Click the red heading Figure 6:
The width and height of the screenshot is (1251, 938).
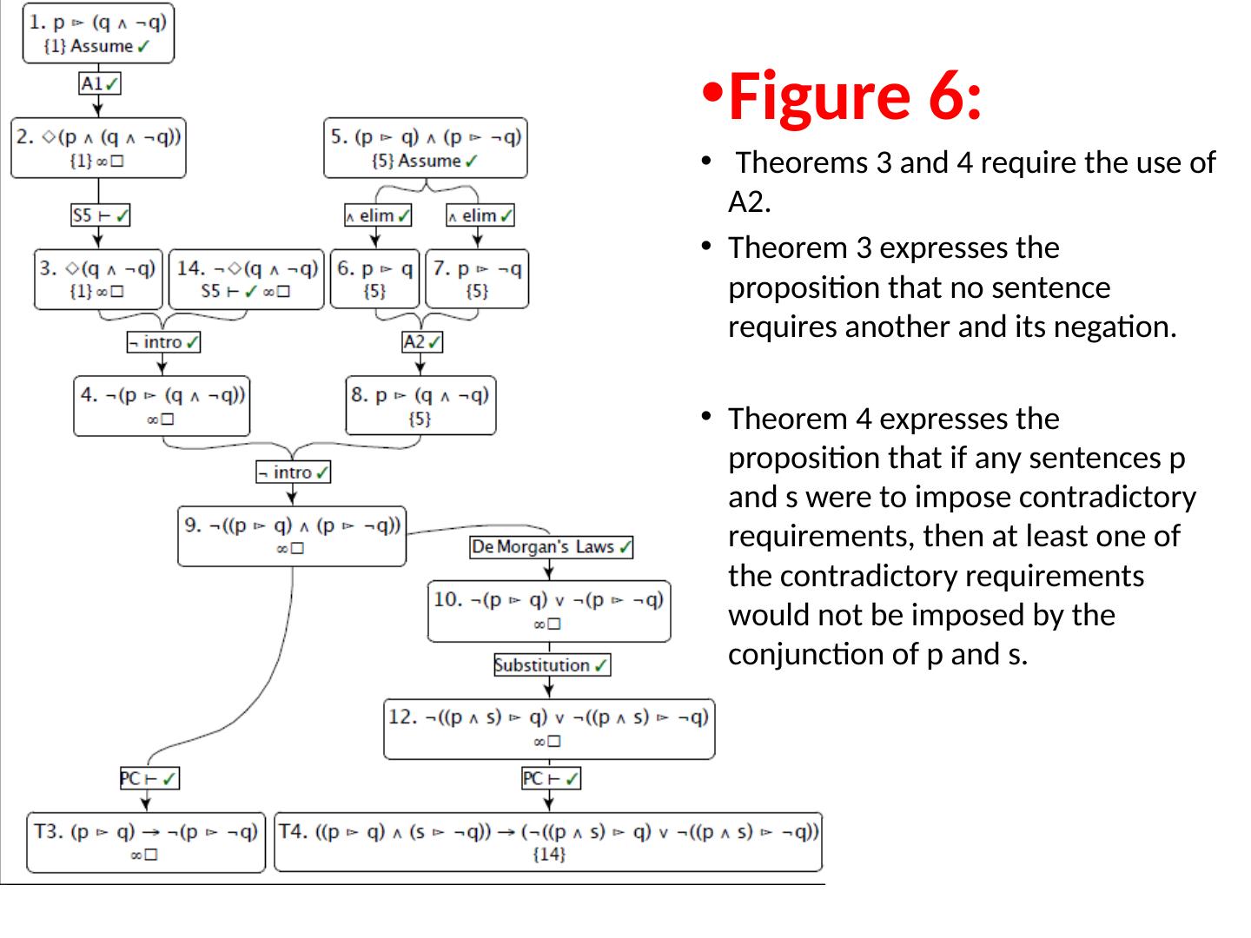pyautogui.click(x=855, y=96)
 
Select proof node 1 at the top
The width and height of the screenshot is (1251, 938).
pyautogui.click(x=98, y=34)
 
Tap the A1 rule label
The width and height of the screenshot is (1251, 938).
pyautogui.click(x=99, y=84)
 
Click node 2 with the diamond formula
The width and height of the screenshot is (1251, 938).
pyautogui.click(x=98, y=149)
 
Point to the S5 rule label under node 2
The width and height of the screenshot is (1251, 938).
pyautogui.click(x=100, y=215)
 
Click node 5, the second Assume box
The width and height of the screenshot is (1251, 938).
pyautogui.click(x=426, y=149)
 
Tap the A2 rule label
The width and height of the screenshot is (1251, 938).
pyautogui.click(x=422, y=342)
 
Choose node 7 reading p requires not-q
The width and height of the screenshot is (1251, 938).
pyautogui.click(x=477, y=279)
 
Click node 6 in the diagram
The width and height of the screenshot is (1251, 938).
pyautogui.click(x=375, y=279)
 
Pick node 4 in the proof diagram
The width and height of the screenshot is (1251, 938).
pyautogui.click(x=162, y=406)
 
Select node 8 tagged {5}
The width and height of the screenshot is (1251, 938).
pyautogui.click(x=420, y=406)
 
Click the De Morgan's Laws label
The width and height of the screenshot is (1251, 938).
pyautogui.click(x=551, y=547)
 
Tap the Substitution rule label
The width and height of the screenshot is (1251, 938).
pyautogui.click(x=552, y=665)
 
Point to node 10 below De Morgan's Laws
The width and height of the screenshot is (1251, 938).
pyautogui.click(x=549, y=611)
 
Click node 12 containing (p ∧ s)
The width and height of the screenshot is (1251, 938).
pyautogui.click(x=549, y=729)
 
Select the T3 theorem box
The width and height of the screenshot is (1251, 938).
pyautogui.click(x=146, y=842)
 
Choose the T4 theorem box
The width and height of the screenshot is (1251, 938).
pyautogui.click(x=548, y=842)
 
